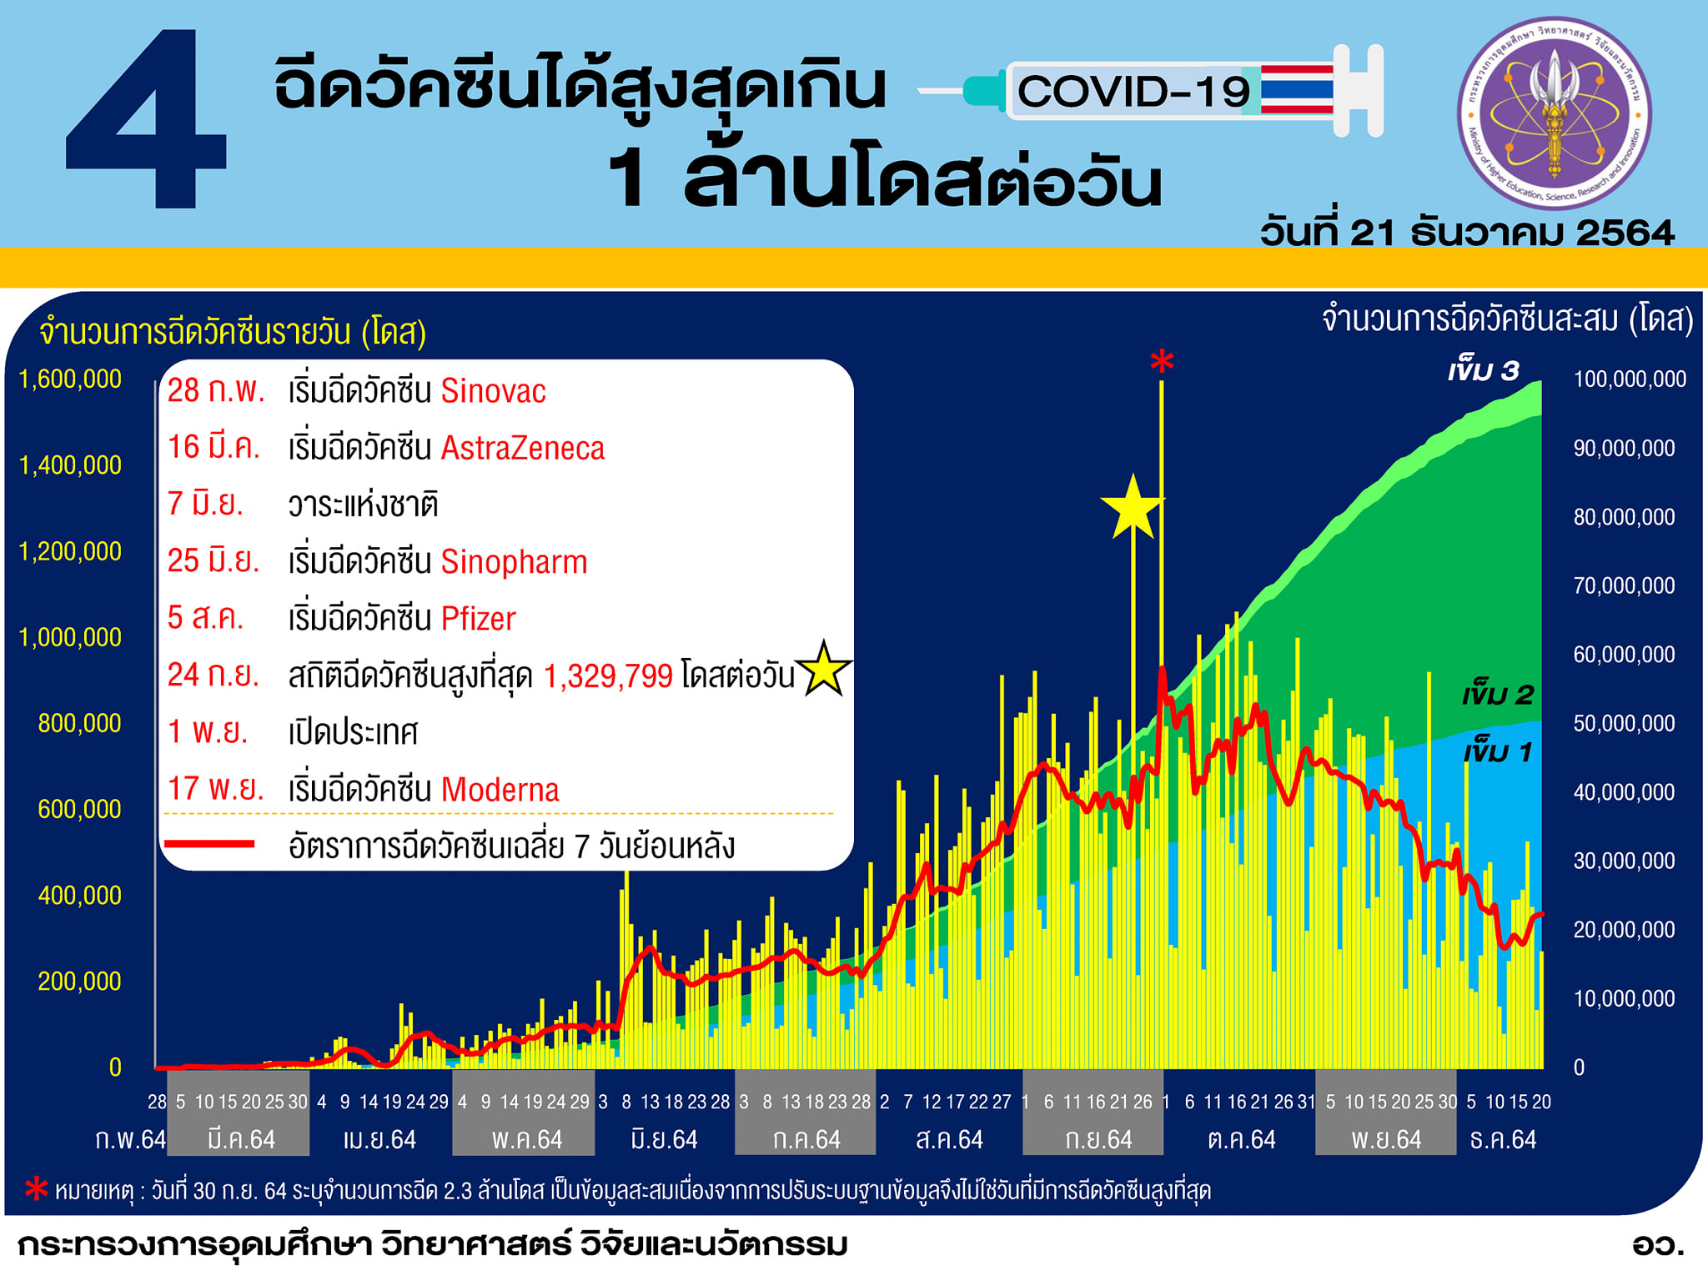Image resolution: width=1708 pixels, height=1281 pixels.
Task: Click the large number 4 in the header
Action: [146, 118]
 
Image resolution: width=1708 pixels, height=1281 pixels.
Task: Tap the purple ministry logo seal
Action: [1554, 113]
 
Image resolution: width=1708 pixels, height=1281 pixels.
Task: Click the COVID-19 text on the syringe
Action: [1133, 91]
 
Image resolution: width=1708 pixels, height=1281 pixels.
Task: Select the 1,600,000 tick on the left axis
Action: [70, 379]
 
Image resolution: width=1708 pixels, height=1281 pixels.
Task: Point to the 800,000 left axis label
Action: [79, 723]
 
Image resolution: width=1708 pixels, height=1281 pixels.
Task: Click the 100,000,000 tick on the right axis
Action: [1630, 379]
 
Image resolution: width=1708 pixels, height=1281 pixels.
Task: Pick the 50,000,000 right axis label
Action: [1624, 723]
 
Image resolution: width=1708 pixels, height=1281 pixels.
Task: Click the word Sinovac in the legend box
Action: [493, 391]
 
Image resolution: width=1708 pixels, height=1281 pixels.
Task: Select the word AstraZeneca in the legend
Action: [522, 449]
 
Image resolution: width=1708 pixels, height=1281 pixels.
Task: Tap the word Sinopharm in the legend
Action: [514, 563]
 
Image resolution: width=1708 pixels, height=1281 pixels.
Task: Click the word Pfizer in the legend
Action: [478, 619]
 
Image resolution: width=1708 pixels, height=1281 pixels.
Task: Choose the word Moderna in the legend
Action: [500, 790]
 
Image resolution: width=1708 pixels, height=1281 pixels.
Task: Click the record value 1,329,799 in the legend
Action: [608, 676]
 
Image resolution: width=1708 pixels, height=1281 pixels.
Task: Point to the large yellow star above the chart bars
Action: [1132, 508]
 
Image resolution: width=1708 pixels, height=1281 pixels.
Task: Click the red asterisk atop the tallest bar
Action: [1162, 361]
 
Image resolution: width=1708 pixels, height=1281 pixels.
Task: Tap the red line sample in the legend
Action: [209, 845]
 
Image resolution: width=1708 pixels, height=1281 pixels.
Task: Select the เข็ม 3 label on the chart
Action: [1484, 370]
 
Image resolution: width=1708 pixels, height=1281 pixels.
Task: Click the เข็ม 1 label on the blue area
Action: [1498, 752]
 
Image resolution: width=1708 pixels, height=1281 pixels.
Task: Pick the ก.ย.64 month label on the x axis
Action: [1098, 1139]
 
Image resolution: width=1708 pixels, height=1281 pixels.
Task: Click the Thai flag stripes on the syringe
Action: [1298, 89]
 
